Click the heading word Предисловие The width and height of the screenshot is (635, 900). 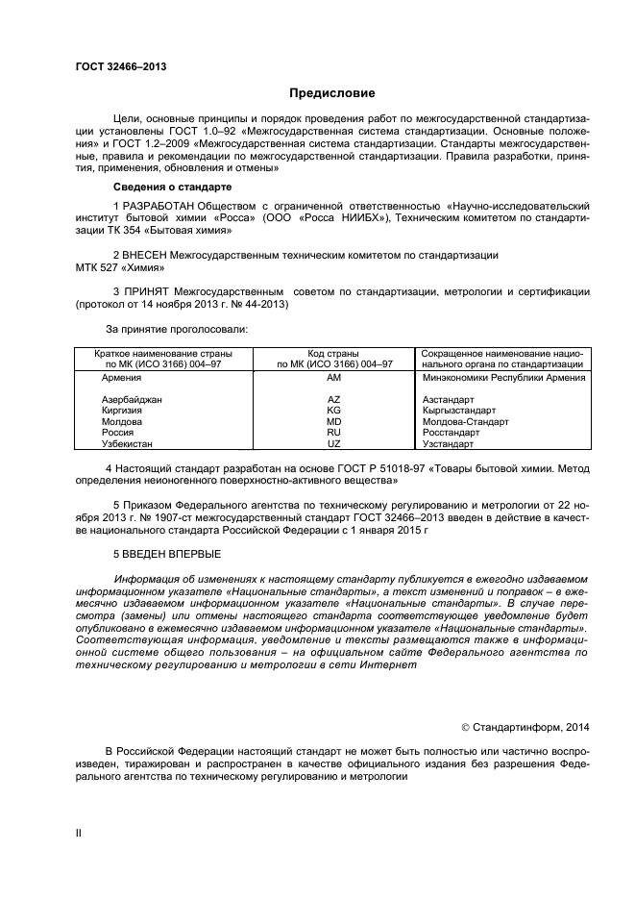pos(331,93)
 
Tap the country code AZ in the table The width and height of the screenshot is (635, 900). pos(334,399)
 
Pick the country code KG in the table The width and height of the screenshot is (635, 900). pos(334,411)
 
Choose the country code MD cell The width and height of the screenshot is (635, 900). pos(334,422)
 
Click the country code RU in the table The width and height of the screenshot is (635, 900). pos(334,434)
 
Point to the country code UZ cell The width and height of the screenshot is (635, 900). pos(334,445)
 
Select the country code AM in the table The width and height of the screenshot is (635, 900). pos(334,379)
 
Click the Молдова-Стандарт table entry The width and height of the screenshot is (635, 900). pos(465,422)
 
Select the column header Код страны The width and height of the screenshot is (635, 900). pos(334,354)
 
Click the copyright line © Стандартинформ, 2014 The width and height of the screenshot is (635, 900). pos(537,727)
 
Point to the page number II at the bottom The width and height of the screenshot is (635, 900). pos(79,834)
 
